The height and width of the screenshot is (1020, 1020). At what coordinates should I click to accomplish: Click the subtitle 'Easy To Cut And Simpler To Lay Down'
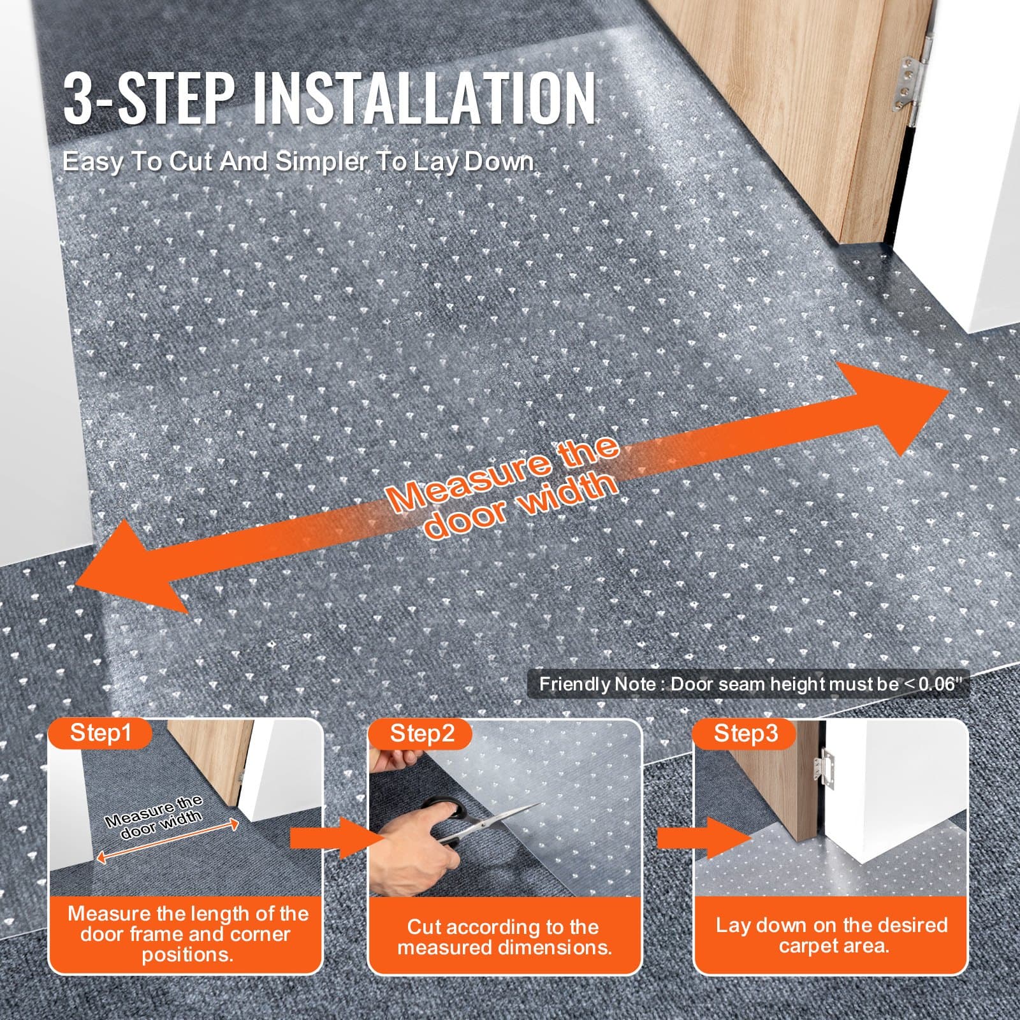298,162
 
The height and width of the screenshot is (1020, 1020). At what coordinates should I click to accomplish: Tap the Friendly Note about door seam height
747,685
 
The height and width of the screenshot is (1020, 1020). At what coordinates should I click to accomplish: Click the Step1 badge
100,732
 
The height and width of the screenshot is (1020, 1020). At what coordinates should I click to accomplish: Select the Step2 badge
422,733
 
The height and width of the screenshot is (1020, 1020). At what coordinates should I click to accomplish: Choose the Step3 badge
745,733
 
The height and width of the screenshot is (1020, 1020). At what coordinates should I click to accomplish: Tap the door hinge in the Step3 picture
827,769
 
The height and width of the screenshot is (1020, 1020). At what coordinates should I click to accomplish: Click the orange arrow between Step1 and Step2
328,838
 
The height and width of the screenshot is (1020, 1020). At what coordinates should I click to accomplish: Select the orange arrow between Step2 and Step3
701,838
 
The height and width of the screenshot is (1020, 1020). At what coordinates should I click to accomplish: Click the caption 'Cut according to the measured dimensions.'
504,936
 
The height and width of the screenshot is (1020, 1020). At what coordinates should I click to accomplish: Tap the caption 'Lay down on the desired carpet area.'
831,935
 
